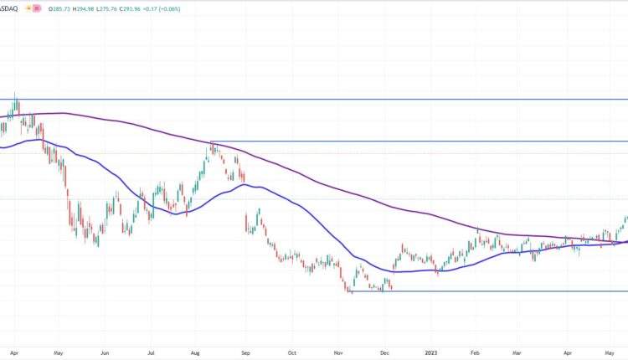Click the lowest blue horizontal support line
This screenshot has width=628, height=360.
502,291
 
